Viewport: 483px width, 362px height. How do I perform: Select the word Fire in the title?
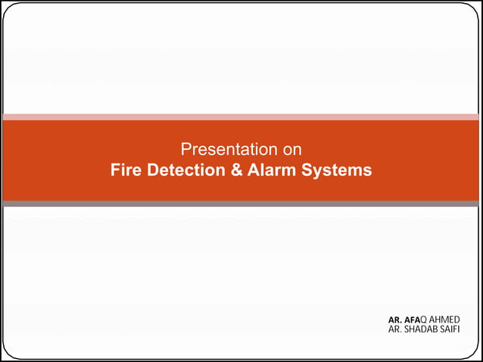tap(125, 170)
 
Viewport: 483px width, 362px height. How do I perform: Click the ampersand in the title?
tap(238, 170)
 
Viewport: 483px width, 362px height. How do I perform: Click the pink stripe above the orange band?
tap(241, 117)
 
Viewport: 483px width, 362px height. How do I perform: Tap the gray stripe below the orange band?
tap(241, 204)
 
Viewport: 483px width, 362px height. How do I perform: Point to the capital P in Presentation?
tap(185, 149)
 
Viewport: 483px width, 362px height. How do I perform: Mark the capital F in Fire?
tap(115, 170)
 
